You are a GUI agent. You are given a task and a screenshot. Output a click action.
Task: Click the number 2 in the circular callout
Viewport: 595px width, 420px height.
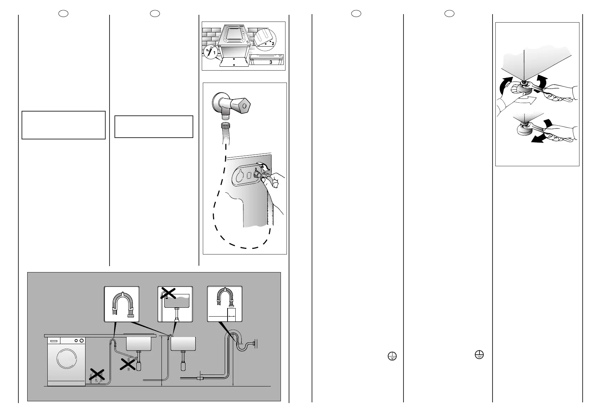pyautogui.click(x=273, y=43)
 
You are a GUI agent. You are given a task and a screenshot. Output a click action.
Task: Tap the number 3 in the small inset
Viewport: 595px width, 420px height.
pyautogui.click(x=271, y=62)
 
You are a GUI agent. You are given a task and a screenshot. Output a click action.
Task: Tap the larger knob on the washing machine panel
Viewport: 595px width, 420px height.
pyautogui.click(x=82, y=341)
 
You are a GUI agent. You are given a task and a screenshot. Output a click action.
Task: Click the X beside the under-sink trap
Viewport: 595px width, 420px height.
pyautogui.click(x=129, y=364)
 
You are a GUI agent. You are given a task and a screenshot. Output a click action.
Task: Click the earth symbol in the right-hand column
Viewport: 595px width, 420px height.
pyautogui.click(x=479, y=355)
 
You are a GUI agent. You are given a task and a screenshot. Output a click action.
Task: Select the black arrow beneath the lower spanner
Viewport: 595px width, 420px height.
pyautogui.click(x=541, y=139)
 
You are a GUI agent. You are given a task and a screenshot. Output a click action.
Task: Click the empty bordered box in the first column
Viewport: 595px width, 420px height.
pyautogui.click(x=64, y=125)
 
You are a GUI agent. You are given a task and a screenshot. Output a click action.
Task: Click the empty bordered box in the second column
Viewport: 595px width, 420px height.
pyautogui.click(x=154, y=126)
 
